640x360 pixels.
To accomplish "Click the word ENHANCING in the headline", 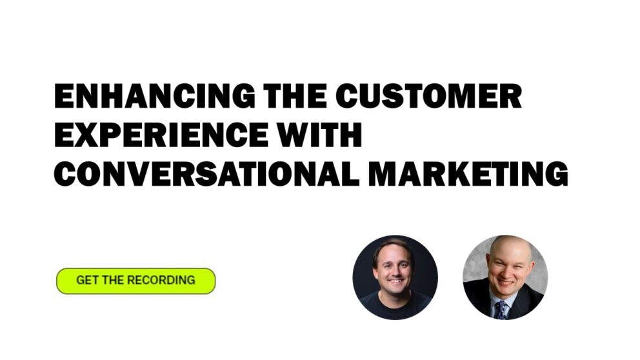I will [154, 97].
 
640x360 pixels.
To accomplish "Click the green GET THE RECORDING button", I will [135, 281].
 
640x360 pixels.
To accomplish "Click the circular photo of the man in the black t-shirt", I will [395, 277].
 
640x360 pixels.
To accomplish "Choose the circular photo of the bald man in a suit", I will [505, 277].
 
